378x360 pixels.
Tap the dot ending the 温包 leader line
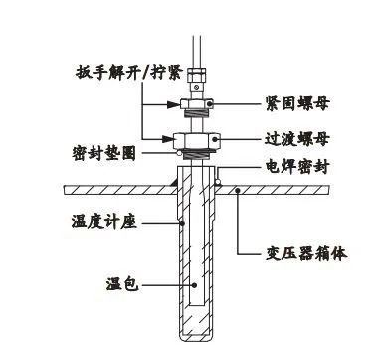(x=197, y=286)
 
